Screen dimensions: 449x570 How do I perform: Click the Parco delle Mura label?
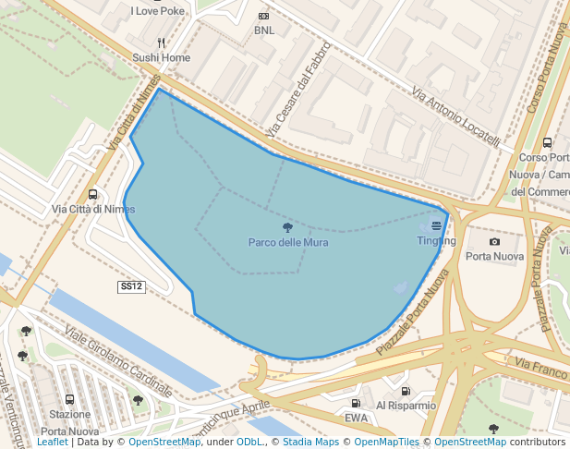[287, 243]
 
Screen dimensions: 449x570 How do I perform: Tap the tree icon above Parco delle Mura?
[287, 227]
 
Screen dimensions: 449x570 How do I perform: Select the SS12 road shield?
[132, 287]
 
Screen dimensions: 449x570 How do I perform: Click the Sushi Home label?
[161, 57]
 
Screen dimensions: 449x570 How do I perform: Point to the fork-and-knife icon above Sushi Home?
[161, 42]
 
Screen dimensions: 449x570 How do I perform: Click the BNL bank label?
[264, 30]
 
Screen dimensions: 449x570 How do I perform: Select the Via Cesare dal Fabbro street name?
[297, 90]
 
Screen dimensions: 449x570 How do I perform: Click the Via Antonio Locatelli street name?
[455, 117]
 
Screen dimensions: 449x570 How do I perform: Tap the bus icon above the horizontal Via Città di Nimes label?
[92, 194]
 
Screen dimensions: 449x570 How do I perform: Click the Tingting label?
[436, 241]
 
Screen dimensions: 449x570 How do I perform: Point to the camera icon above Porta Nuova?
[494, 241]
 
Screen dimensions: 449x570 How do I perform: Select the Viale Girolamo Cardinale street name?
[118, 359]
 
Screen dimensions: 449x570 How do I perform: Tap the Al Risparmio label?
[406, 406]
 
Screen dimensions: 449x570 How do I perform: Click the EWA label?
[357, 418]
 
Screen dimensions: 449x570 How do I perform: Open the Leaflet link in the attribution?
[52, 443]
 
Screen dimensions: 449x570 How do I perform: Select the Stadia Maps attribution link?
[310, 443]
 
